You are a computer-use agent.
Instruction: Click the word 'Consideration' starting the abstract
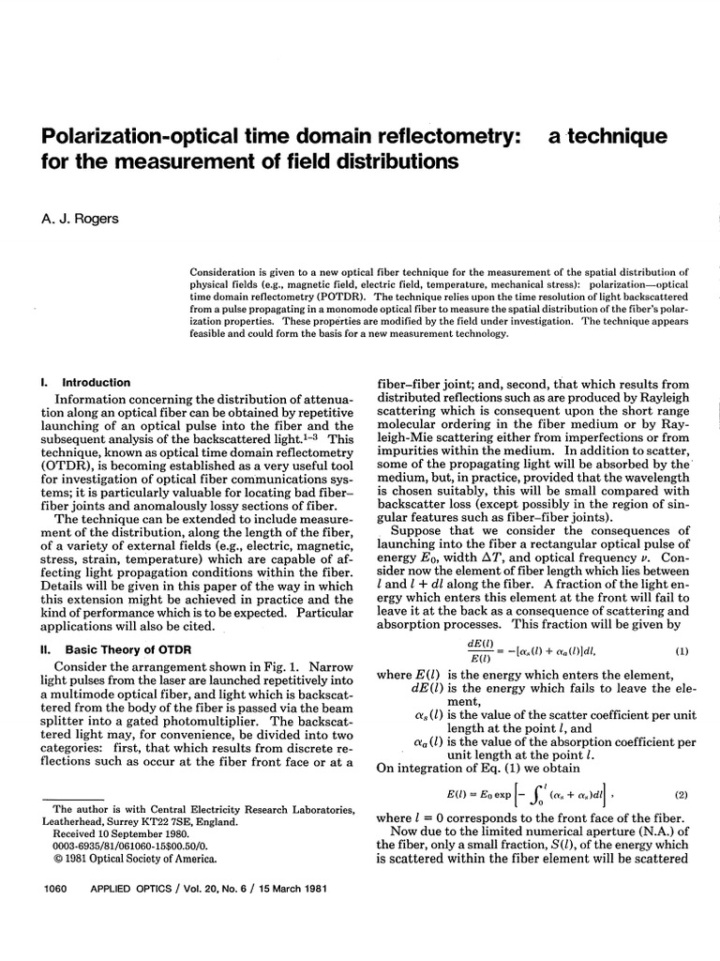(x=229, y=266)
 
